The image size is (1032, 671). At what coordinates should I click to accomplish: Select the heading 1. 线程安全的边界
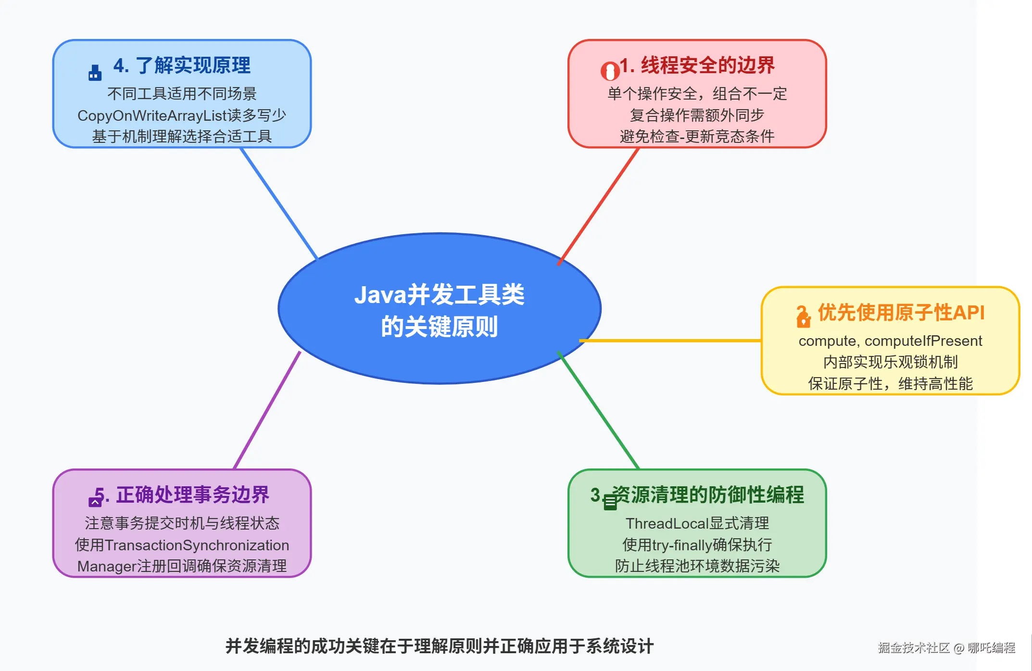click(697, 65)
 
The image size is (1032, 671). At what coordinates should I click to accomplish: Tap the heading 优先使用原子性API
click(901, 313)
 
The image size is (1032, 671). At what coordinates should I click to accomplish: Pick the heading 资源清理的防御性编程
click(708, 495)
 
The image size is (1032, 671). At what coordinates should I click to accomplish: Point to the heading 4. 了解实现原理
click(182, 65)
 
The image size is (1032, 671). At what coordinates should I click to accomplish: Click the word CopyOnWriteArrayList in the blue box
click(152, 115)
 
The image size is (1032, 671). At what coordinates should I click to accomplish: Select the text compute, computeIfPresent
click(890, 341)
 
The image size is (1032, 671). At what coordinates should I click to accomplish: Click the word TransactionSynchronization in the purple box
click(197, 545)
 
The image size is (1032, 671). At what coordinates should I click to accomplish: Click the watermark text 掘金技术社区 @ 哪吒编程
click(946, 648)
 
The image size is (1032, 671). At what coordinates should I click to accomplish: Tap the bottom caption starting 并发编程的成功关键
click(440, 646)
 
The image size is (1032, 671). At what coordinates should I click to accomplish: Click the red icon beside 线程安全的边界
click(610, 71)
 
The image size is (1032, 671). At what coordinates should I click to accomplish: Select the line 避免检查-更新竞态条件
click(697, 137)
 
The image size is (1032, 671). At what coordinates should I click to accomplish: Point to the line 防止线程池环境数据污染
click(697, 566)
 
